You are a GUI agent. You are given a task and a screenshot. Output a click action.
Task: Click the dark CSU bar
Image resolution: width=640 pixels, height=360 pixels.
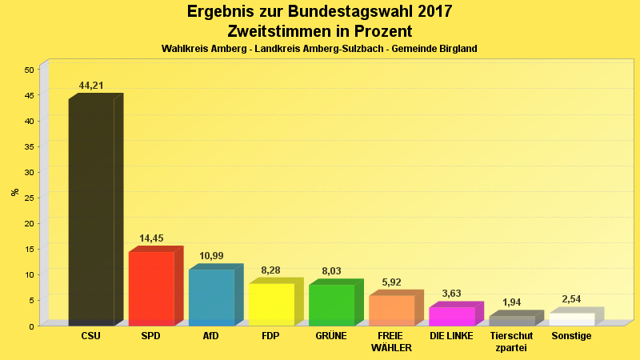pos(91,212)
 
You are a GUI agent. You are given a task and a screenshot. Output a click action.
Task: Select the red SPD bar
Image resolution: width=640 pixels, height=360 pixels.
pos(151,288)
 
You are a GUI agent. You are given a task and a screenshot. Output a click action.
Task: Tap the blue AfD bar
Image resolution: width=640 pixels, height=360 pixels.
pos(211,297)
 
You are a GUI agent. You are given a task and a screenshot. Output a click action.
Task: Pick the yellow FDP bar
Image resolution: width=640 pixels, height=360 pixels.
pos(271,304)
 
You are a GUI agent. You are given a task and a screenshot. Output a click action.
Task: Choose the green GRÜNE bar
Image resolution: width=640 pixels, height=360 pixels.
pos(331,305)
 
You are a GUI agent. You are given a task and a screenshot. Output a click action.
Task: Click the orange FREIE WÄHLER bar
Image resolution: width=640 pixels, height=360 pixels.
pos(391,310)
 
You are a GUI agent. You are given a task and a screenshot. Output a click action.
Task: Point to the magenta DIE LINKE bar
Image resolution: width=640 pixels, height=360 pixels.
pos(451,316)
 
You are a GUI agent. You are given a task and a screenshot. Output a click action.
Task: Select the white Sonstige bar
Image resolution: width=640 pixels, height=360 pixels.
pos(571,319)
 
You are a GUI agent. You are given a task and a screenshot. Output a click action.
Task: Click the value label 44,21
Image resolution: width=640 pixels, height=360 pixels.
pos(91,86)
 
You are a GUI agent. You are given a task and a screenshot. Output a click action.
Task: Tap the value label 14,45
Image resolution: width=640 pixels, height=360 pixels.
pos(151,238)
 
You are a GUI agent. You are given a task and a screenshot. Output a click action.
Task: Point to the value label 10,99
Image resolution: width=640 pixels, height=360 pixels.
pos(211,256)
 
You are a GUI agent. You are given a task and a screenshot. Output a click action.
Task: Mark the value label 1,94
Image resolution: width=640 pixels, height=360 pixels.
pos(511,302)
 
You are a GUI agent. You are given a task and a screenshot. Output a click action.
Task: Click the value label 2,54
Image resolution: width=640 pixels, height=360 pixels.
pos(571,299)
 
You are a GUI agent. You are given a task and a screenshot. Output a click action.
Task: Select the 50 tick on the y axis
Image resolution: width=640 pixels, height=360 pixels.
pos(29,70)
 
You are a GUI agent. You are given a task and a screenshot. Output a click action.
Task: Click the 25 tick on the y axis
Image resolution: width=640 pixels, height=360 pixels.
pos(29,198)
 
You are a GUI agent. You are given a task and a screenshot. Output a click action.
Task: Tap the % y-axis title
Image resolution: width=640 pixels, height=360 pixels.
pos(14,192)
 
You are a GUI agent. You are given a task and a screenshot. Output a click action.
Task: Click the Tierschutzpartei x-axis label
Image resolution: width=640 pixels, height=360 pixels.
pos(511,342)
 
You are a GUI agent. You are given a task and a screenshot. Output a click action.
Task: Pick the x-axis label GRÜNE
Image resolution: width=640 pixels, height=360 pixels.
pos(331,336)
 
